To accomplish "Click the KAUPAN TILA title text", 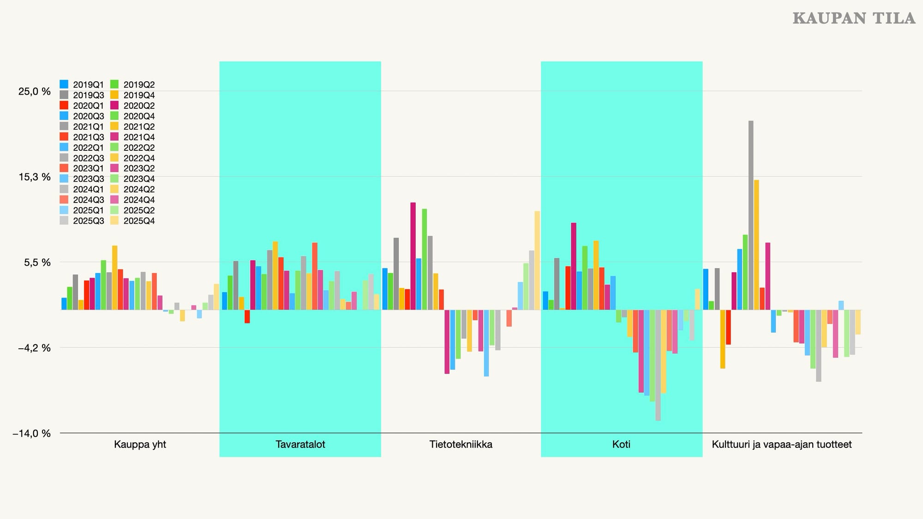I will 854,18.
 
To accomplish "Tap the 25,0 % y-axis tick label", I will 35,91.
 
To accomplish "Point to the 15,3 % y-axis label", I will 35,177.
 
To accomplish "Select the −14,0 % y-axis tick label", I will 31,434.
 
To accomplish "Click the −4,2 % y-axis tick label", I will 34,348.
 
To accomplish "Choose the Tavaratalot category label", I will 300,444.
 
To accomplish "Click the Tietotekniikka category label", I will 461,444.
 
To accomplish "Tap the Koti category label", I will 621,444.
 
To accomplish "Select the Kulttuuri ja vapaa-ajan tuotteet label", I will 781,444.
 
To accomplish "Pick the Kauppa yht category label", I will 140,444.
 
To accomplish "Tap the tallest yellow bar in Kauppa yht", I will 115,277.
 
